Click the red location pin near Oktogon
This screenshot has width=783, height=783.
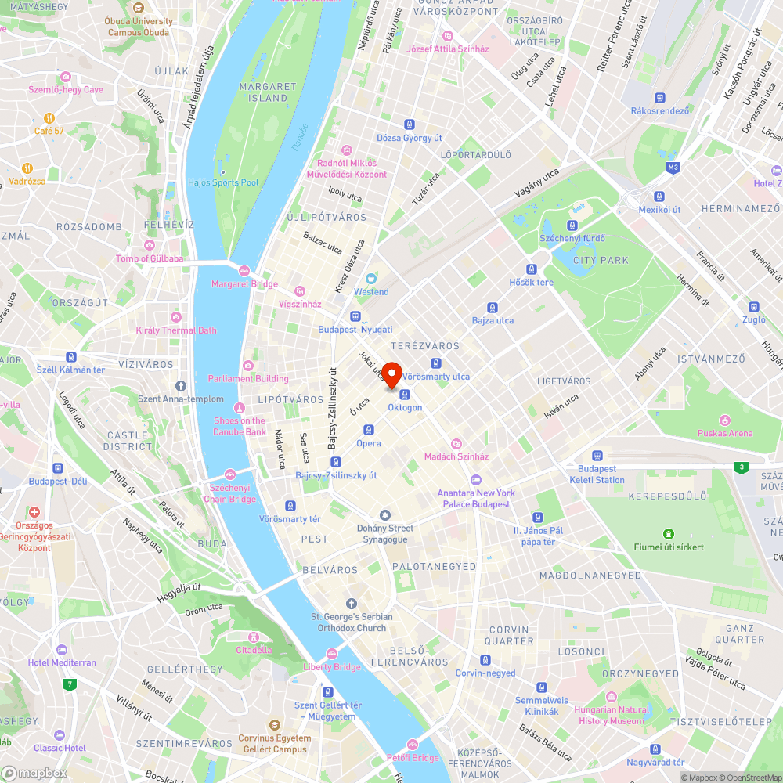click(x=391, y=373)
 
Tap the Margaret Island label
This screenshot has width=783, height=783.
click(x=268, y=92)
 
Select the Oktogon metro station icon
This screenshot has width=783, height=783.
click(x=405, y=394)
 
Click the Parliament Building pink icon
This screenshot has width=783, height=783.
click(x=248, y=366)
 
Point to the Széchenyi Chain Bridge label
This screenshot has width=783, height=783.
click(x=229, y=494)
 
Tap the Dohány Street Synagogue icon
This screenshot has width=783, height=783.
click(x=384, y=514)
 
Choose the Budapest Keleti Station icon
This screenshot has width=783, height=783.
click(x=597, y=455)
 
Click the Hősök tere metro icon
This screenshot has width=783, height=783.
click(x=531, y=269)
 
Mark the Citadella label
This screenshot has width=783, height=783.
click(x=254, y=649)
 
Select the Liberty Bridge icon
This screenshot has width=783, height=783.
click(x=332, y=654)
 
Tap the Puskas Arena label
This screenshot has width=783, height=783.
click(x=726, y=433)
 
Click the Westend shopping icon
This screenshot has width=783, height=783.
click(x=370, y=278)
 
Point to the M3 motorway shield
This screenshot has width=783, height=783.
click(x=673, y=167)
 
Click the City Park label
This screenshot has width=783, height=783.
click(x=601, y=260)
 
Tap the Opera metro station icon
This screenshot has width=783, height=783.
click(x=369, y=430)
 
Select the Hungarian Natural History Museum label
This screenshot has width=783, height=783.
click(x=612, y=716)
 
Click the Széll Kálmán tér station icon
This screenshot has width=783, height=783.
click(x=71, y=356)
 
